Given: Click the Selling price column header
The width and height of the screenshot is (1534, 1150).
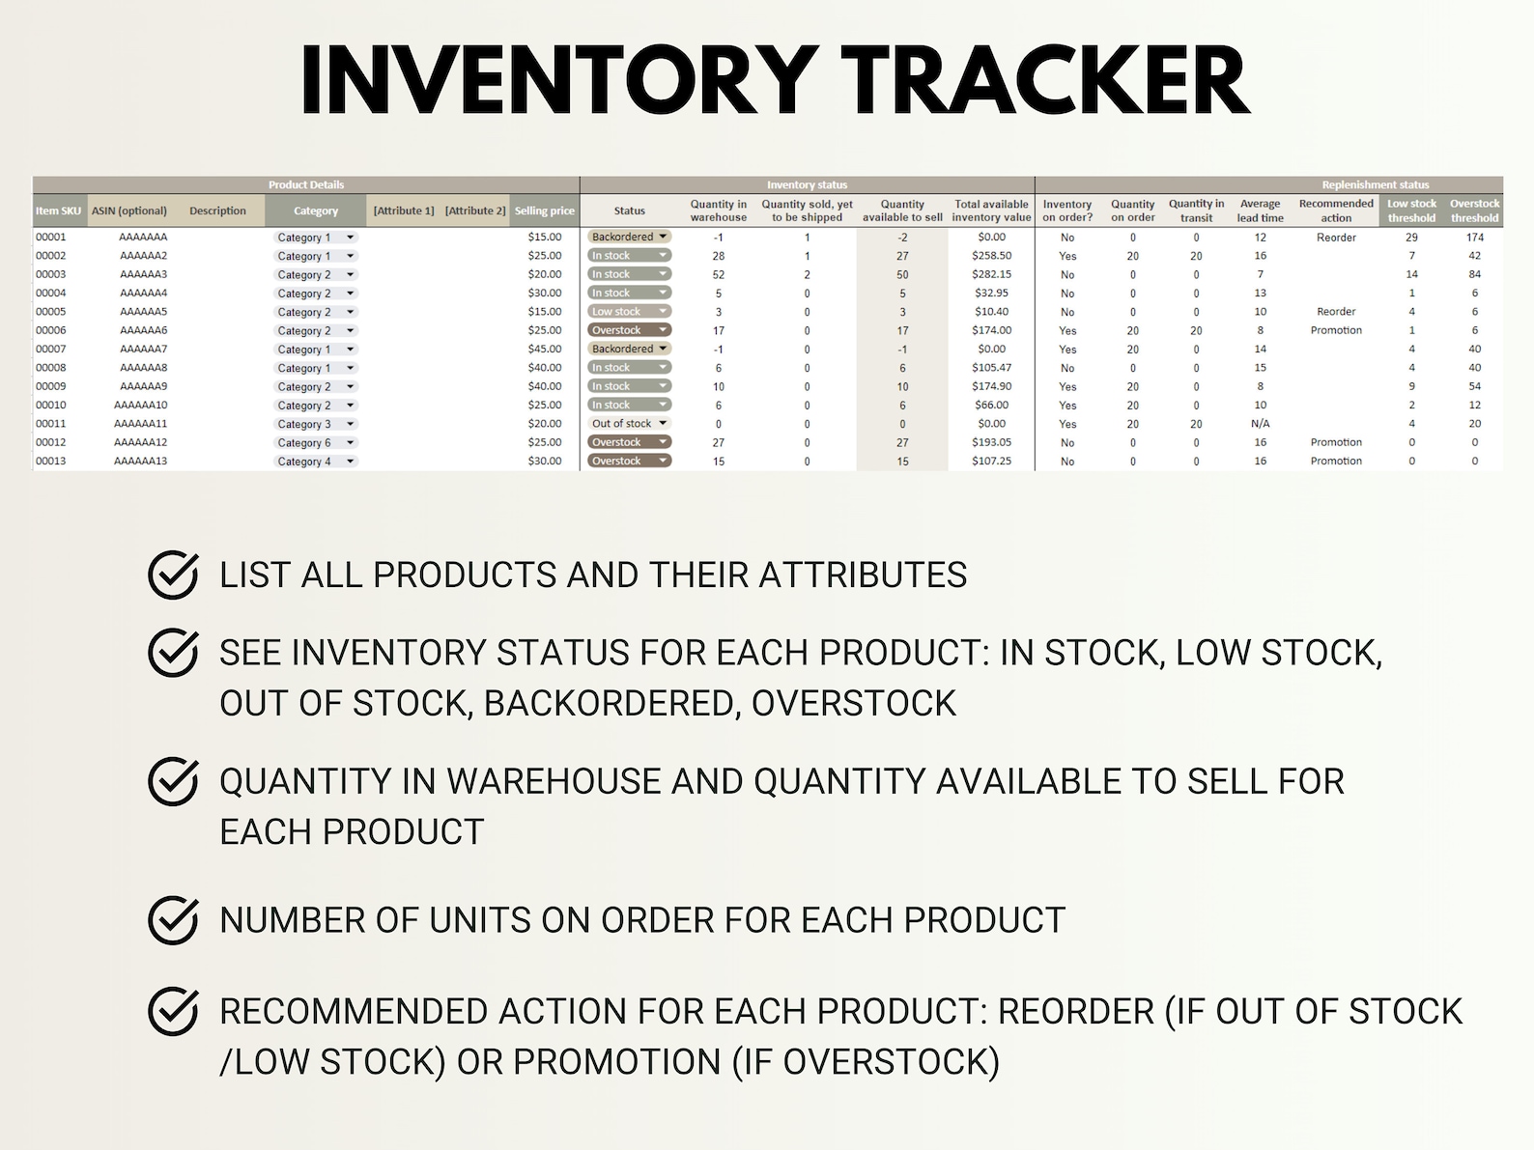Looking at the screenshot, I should (544, 210).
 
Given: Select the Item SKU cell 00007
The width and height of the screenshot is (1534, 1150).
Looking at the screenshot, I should (51, 349).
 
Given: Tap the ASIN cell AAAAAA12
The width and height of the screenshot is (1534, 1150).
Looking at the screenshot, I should (140, 442).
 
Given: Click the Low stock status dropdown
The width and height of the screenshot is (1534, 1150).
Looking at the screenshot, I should (629, 312).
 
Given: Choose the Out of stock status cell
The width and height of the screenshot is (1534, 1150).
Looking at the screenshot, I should (629, 424).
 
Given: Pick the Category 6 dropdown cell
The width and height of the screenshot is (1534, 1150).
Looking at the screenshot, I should (316, 443).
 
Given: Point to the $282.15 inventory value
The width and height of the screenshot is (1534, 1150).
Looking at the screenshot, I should (991, 274).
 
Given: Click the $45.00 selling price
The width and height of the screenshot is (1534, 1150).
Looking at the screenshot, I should (544, 349).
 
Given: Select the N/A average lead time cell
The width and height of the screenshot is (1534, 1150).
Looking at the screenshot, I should (1260, 424).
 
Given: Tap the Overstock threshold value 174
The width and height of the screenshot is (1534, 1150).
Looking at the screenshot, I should (1474, 237).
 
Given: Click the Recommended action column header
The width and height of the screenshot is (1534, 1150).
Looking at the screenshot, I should (1336, 210).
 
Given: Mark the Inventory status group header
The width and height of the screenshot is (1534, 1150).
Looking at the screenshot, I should (807, 184).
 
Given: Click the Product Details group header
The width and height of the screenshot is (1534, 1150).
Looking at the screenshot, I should (306, 184).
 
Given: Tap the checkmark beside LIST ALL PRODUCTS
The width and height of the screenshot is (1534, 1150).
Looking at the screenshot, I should (174, 575).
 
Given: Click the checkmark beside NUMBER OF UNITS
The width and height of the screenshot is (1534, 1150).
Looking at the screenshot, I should (174, 919).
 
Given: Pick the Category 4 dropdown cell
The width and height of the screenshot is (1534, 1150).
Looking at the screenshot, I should (316, 462).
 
